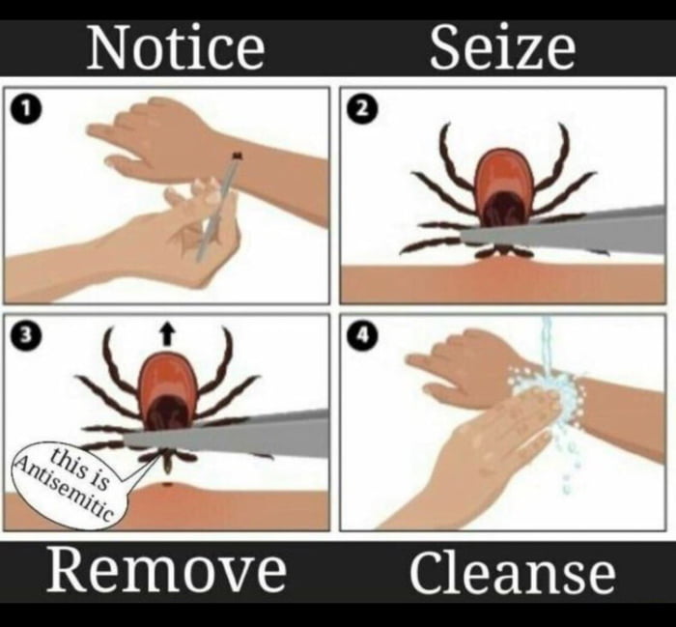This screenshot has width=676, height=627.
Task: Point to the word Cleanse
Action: point(512,572)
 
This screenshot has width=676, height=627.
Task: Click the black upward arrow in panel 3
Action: point(167,333)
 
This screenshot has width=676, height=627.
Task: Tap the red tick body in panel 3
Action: point(167,386)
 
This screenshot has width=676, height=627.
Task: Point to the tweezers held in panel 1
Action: point(217,208)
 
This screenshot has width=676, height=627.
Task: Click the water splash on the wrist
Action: point(546,396)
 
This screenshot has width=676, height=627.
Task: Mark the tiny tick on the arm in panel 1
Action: point(237,155)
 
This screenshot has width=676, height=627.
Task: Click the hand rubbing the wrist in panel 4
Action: point(493,454)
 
